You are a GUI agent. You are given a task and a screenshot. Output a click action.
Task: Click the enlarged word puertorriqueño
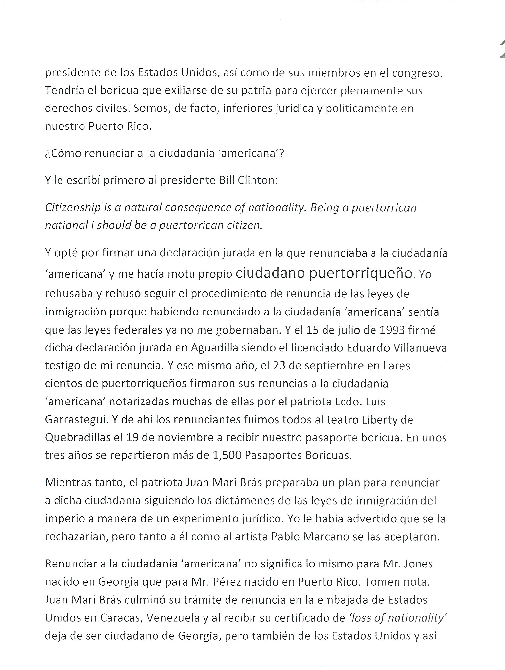(x=361, y=273)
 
